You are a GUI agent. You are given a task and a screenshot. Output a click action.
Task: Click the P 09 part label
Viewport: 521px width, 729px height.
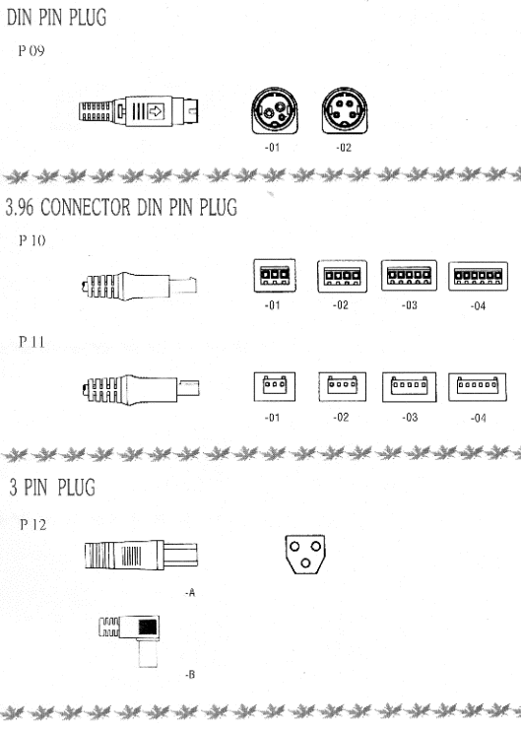(32, 50)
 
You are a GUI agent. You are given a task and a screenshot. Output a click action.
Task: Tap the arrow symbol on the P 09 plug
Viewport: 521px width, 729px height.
(156, 111)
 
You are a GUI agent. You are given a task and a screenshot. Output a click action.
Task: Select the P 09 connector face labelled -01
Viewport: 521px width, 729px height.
(275, 110)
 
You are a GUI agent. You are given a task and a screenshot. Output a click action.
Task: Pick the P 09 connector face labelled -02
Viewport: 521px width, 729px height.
(345, 110)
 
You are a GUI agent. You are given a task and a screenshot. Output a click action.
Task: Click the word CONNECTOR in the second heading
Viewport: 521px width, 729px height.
(85, 207)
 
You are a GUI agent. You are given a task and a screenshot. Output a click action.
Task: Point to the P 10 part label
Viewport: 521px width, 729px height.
(33, 240)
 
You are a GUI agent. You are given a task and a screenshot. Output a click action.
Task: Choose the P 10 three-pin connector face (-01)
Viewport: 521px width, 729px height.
(275, 275)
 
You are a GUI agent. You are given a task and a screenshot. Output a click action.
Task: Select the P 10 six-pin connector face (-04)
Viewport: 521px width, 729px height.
(478, 276)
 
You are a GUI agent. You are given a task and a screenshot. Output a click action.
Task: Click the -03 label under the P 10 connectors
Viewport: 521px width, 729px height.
(410, 305)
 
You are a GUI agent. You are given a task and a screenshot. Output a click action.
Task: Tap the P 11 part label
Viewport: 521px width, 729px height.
(32, 342)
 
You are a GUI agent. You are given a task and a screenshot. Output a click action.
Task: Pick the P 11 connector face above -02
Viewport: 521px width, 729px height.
(343, 386)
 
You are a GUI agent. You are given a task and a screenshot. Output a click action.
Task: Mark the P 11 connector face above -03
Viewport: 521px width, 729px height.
(409, 387)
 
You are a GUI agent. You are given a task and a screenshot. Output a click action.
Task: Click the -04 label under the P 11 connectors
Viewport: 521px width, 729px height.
(479, 418)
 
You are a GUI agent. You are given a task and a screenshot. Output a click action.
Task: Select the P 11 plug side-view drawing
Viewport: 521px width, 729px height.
(141, 389)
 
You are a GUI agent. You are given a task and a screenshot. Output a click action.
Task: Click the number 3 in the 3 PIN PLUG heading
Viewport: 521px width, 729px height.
(14, 488)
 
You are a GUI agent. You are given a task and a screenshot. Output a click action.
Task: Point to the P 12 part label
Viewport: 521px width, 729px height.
(33, 525)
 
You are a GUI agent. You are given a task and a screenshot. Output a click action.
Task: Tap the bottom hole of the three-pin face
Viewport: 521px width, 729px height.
(305, 563)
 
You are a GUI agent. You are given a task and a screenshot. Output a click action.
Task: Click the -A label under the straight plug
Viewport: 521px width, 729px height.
(190, 593)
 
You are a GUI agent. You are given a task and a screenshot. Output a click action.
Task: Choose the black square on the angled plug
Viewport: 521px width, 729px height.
(148, 628)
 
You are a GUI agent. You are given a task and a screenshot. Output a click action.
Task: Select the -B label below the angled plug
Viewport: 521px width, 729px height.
(190, 674)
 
